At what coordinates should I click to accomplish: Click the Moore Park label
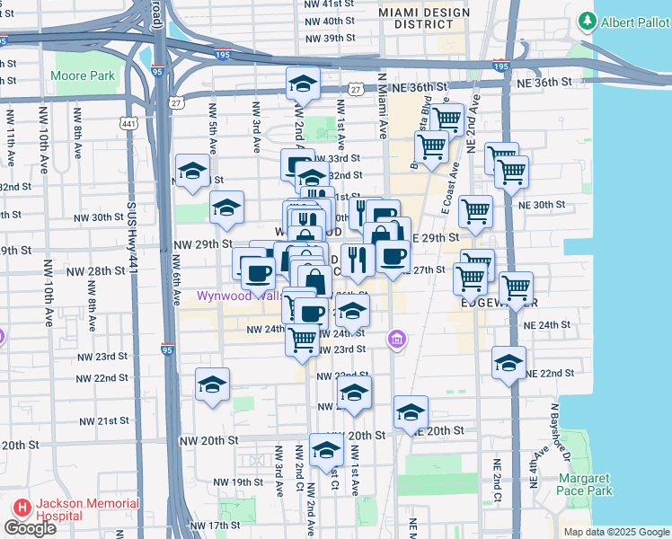pos(85,76)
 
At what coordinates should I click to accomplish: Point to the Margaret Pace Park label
pos(585,485)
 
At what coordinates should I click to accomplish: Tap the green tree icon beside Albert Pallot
pos(588,19)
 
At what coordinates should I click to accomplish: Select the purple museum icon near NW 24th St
pos(396,340)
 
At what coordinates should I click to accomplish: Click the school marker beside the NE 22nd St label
pos(509,364)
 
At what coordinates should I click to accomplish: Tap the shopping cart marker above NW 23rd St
pos(303,340)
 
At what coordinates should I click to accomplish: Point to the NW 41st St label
pos(330,4)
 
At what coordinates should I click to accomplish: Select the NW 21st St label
pos(103,420)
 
